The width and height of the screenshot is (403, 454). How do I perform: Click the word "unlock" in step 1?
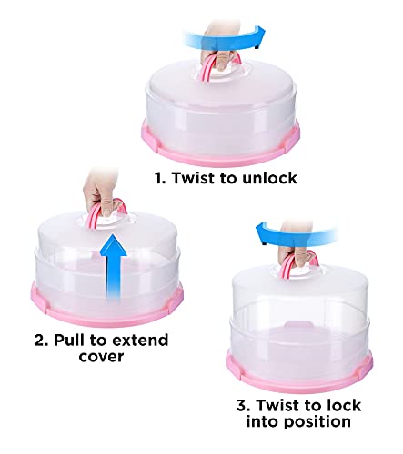pyautogui.click(x=265, y=179)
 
